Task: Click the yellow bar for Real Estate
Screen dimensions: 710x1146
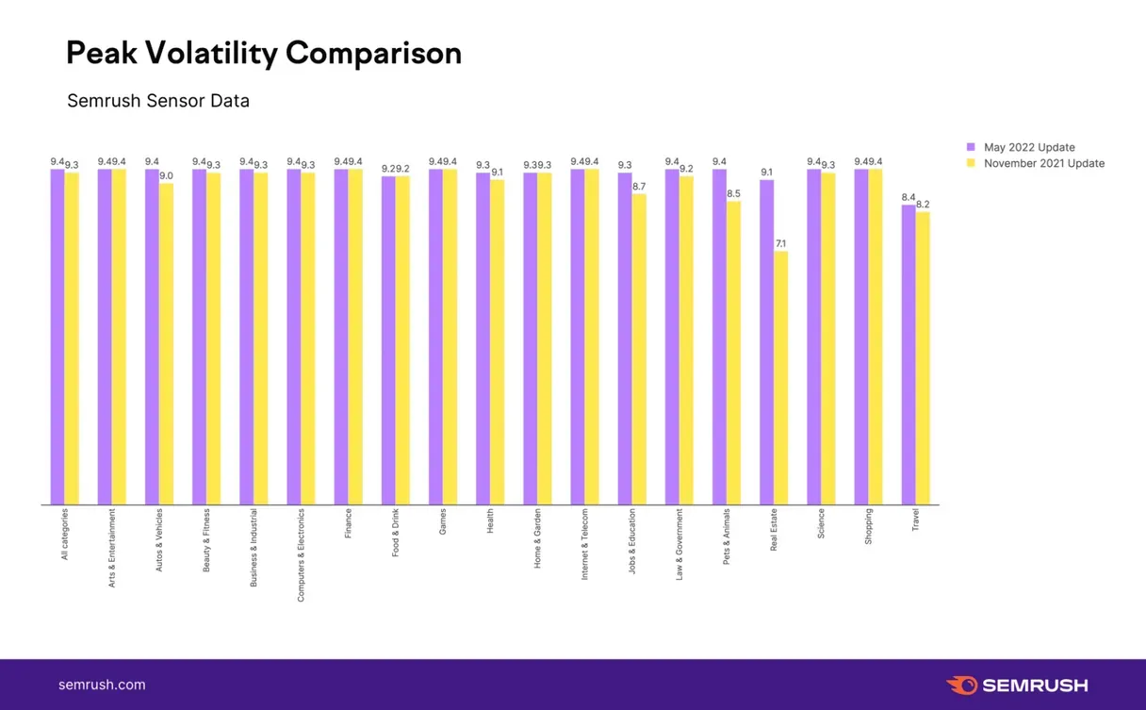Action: [781, 377]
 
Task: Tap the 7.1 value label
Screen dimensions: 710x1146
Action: [781, 244]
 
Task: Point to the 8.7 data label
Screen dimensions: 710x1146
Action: [639, 187]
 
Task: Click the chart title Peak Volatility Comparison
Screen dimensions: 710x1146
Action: [264, 54]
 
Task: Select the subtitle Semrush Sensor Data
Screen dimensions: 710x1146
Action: [158, 100]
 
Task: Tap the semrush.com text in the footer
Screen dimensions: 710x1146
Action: [102, 685]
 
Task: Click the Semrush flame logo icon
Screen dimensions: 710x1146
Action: [961, 685]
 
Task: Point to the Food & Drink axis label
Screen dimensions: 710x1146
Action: [396, 534]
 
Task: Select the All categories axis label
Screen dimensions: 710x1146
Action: [65, 535]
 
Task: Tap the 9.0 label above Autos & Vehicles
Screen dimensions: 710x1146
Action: [166, 176]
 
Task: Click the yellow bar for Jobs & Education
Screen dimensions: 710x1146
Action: [639, 349]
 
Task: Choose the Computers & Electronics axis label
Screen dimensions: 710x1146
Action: [302, 554]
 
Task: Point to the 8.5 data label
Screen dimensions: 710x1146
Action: [733, 194]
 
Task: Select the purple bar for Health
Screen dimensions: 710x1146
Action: [483, 338]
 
